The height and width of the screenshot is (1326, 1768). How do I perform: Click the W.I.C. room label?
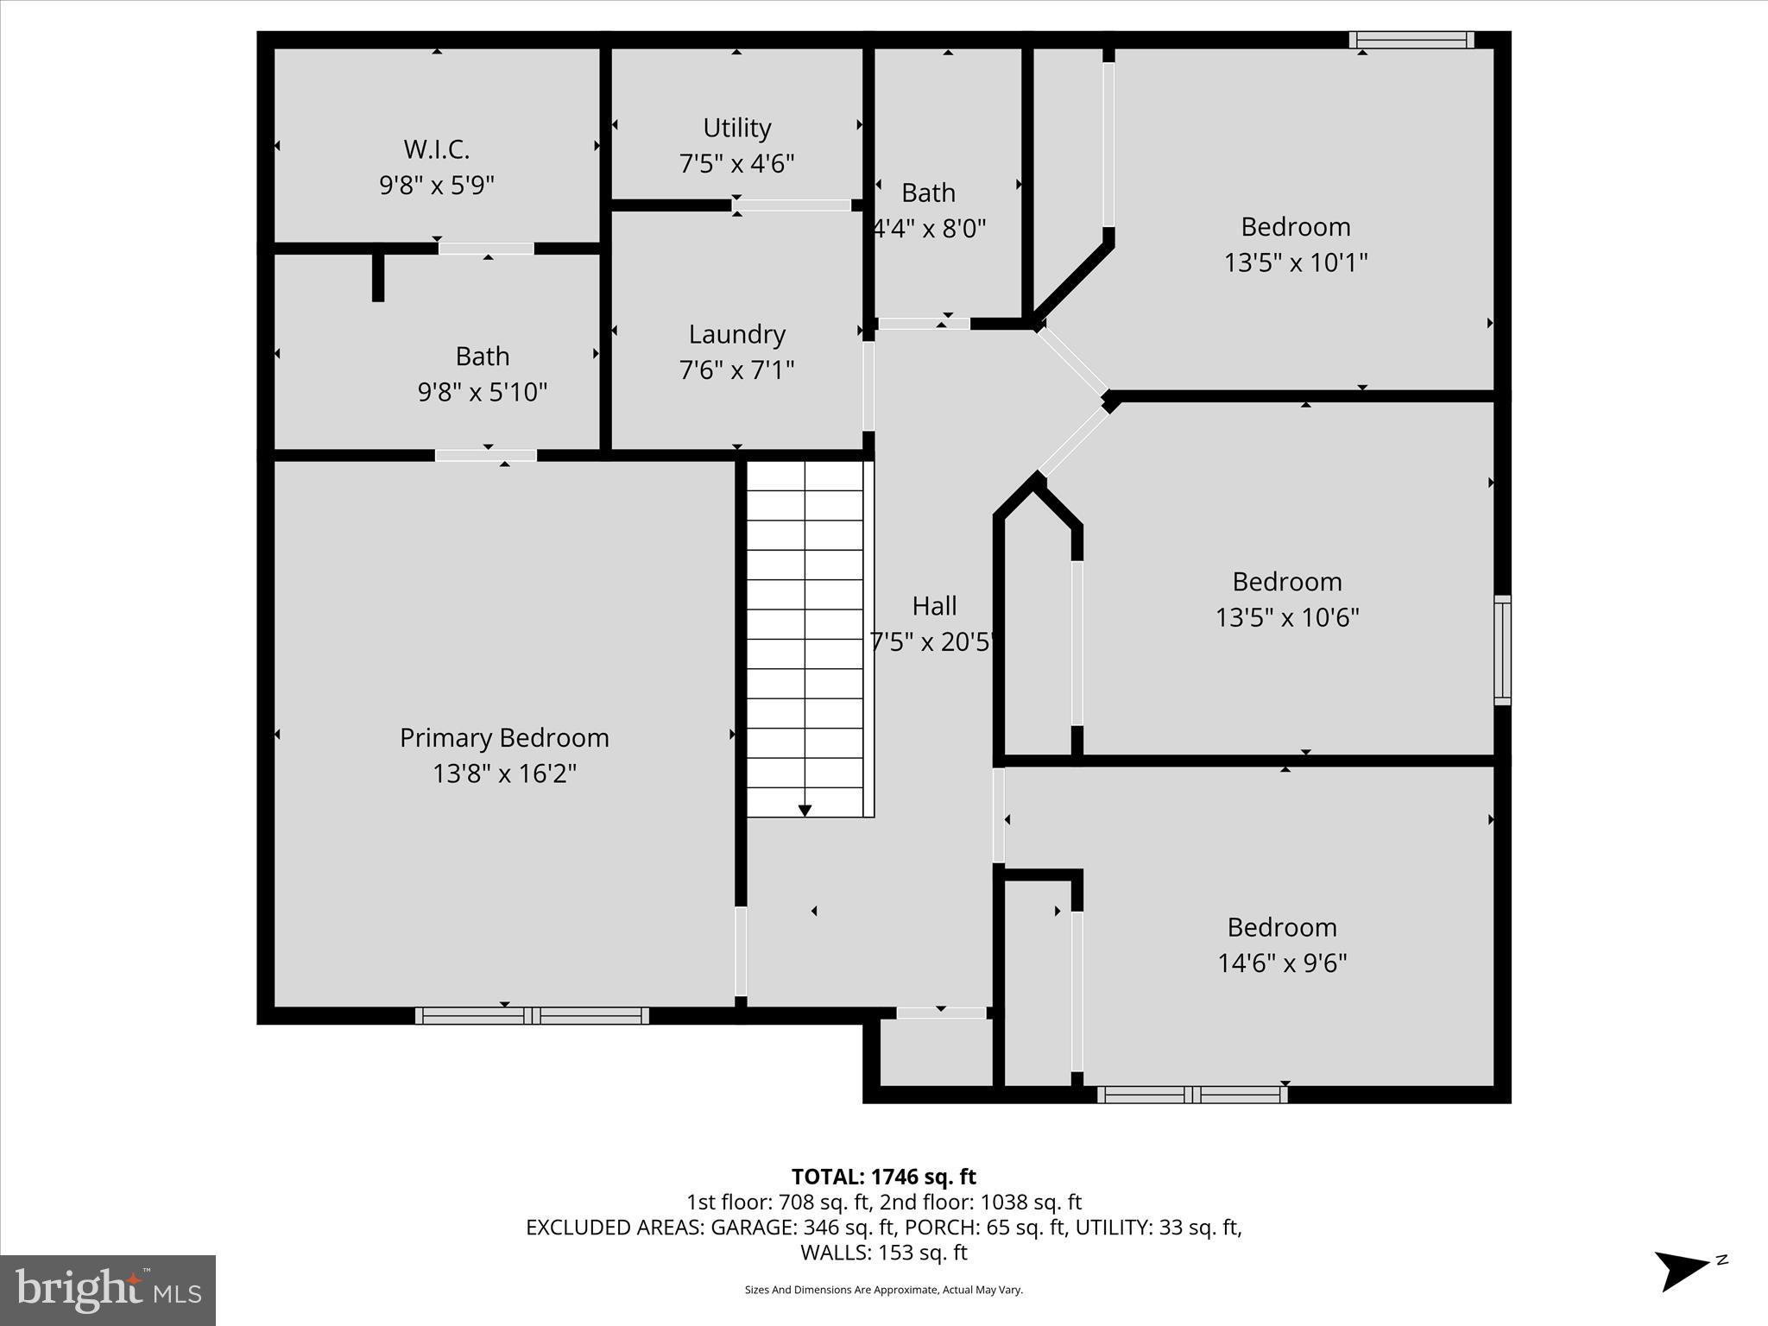coord(437,149)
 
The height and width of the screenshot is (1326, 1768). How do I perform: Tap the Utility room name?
coord(736,128)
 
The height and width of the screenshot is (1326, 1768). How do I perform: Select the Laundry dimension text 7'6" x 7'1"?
coord(736,369)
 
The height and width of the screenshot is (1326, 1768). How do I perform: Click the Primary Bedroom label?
coord(504,737)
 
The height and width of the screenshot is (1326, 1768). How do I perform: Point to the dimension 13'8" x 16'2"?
coord(504,773)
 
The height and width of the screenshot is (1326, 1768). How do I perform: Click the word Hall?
coord(934,606)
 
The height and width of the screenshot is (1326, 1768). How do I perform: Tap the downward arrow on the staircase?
coord(805,810)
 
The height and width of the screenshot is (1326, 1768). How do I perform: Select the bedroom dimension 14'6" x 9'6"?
coord(1282,963)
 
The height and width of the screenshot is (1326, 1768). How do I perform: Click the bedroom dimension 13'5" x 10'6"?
coord(1287,617)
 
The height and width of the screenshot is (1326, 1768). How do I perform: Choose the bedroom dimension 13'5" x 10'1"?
coord(1295,262)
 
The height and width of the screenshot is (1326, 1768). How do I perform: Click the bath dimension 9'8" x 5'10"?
coord(483,392)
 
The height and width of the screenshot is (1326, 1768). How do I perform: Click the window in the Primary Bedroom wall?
coord(532,1015)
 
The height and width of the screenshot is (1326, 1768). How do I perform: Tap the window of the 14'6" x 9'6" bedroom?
coord(1192,1095)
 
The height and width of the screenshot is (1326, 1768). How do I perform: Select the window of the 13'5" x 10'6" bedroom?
coord(1502,650)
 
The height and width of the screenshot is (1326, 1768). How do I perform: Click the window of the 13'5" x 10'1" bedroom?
coord(1411,40)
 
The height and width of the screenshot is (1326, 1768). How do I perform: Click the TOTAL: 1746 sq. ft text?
coord(883,1177)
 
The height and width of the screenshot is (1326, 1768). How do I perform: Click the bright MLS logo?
coord(108,1290)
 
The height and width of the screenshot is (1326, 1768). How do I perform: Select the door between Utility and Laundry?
coord(792,205)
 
